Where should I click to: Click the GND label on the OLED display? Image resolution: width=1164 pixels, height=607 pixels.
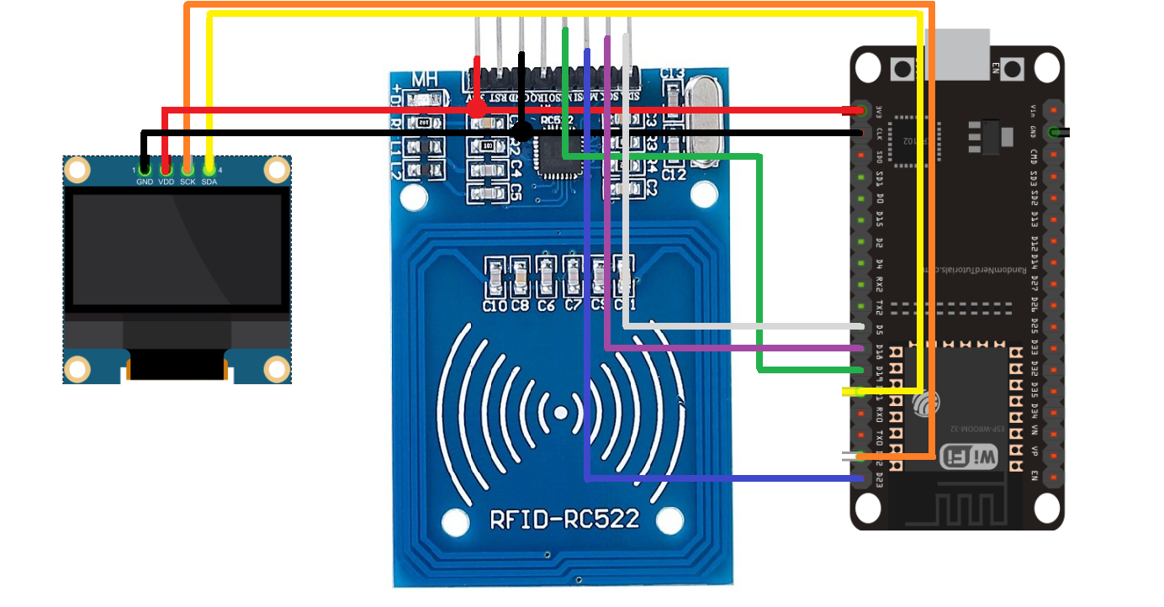[145, 182]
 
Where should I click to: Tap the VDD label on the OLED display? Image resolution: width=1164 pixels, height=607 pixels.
[167, 182]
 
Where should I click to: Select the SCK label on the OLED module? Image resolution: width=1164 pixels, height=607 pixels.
[188, 182]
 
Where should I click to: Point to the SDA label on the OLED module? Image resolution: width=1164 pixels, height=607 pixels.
[209, 182]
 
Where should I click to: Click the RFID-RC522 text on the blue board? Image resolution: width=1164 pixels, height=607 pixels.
[564, 519]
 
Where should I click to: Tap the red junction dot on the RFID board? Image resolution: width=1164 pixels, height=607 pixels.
[477, 109]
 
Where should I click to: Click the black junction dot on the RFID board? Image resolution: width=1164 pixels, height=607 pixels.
[522, 131]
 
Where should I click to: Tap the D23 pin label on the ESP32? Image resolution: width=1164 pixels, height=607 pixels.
[879, 479]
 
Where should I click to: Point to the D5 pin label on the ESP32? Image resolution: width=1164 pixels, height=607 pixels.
[879, 327]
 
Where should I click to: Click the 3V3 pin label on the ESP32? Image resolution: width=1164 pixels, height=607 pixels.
[879, 111]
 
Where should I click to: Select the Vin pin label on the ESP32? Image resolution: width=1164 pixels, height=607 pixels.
[1034, 111]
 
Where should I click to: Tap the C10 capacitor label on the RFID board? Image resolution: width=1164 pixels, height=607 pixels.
[495, 306]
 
